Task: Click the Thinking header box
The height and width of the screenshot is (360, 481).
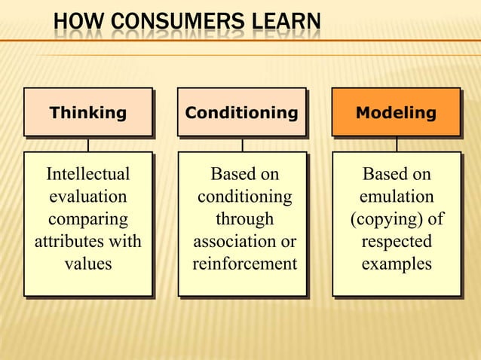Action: (87, 113)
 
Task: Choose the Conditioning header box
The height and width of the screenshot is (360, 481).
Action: (241, 113)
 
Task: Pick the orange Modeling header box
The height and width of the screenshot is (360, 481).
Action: (396, 113)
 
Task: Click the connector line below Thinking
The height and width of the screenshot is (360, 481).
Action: (87, 145)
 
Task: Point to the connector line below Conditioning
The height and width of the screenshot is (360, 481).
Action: (242, 145)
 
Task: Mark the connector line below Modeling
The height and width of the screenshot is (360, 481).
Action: (397, 145)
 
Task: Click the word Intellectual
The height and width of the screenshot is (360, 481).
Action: (87, 174)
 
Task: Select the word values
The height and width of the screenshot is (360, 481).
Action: (87, 264)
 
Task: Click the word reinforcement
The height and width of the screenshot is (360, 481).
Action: (244, 264)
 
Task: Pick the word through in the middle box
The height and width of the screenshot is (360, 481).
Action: (244, 219)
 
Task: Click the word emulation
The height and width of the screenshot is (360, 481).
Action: (397, 197)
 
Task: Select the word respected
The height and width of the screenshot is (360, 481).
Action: (397, 242)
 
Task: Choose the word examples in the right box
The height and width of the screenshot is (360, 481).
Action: (397, 264)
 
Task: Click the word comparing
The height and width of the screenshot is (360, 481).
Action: (87, 219)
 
